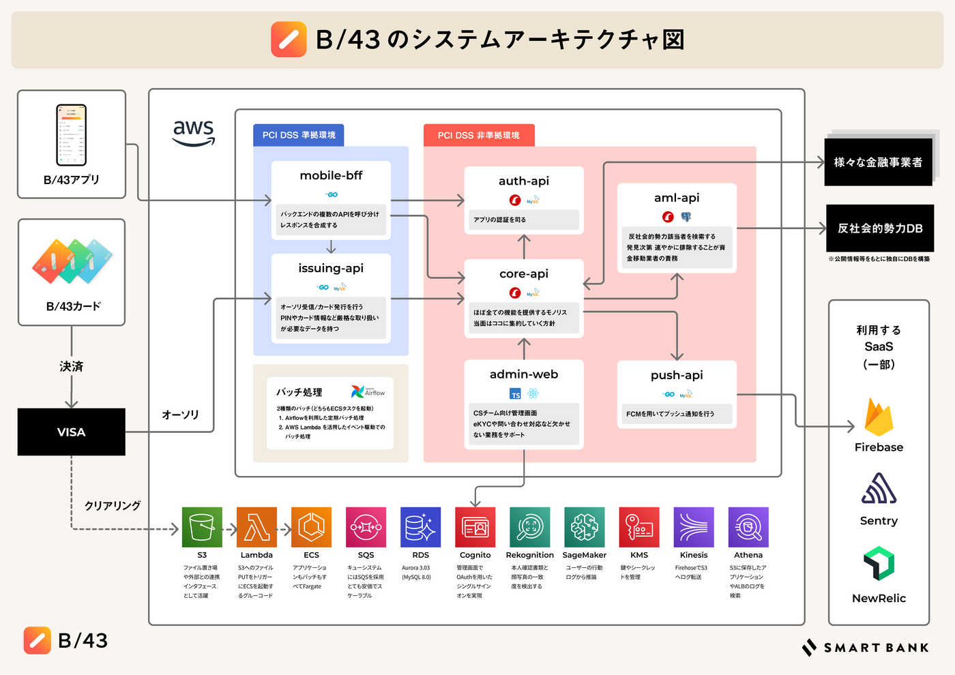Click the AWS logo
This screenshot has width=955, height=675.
[x=194, y=132]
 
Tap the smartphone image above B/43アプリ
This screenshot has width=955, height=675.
[x=71, y=135]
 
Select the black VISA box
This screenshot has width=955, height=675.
[x=72, y=432]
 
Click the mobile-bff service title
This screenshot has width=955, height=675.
[x=331, y=176]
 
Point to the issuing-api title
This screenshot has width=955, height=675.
[x=331, y=269]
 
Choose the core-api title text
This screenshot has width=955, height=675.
[x=524, y=274]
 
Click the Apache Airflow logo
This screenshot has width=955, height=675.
[x=368, y=392]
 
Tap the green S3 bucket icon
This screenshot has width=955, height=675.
[x=202, y=527]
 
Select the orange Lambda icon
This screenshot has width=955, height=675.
[x=256, y=527]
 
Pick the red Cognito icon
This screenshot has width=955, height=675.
[x=475, y=527]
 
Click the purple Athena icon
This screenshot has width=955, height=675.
[x=748, y=527]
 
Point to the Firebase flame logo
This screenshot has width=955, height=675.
[x=879, y=417]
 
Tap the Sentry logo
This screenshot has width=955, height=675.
[x=879, y=489]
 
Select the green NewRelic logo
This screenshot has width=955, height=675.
[x=879, y=563]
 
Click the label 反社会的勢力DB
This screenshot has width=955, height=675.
[x=880, y=228]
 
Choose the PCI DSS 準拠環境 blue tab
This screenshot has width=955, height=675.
[x=299, y=135]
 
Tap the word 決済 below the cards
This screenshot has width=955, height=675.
[x=71, y=367]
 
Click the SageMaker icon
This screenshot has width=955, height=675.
[x=585, y=527]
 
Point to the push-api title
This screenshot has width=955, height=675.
[x=677, y=376]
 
